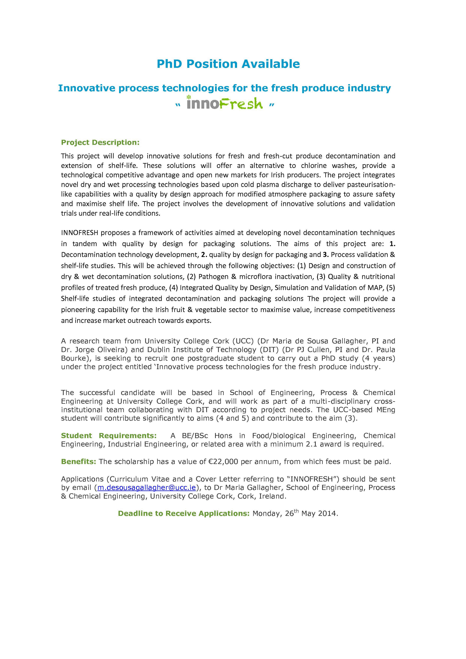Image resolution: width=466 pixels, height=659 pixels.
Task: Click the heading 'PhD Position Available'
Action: (228, 64)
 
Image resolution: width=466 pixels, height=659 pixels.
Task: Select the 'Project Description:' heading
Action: (100, 142)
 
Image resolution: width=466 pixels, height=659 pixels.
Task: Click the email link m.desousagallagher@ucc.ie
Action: (147, 487)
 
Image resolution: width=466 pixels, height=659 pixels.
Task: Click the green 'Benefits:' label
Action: (78, 462)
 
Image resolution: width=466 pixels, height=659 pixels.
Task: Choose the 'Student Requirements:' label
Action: (109, 435)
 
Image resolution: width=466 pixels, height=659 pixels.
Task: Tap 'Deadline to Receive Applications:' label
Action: (184, 513)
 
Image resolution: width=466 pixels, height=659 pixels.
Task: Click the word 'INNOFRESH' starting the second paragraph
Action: (79, 233)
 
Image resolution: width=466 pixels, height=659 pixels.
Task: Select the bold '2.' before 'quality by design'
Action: (204, 255)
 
